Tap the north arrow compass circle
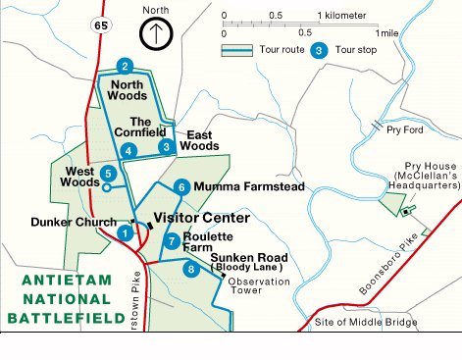click(156, 35)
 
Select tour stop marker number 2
click(125, 67)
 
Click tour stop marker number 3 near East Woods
click(167, 146)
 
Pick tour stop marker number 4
click(128, 151)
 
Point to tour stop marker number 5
click(108, 173)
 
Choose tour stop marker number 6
click(180, 186)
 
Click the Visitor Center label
click(201, 218)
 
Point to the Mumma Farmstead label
click(242, 186)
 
